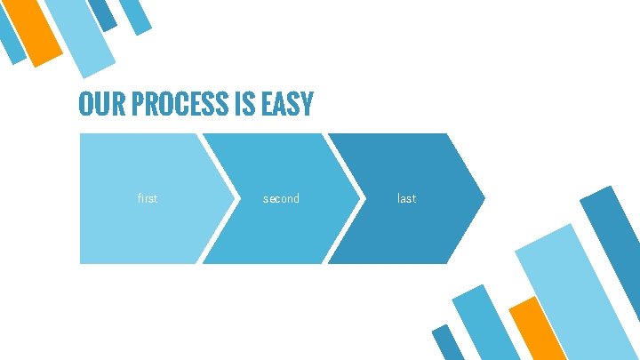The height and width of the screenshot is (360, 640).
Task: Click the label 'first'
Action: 148,199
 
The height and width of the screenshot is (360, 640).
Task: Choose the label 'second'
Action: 281,199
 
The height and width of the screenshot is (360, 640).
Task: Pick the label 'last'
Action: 406,199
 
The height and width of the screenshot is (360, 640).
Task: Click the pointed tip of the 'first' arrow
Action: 233,197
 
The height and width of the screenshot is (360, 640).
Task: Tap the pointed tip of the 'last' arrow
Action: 484,197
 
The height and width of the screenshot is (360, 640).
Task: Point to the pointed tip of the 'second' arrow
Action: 359,197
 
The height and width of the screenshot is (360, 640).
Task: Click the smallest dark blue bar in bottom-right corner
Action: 447,342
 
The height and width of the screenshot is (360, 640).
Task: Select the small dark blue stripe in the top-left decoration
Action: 103,13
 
